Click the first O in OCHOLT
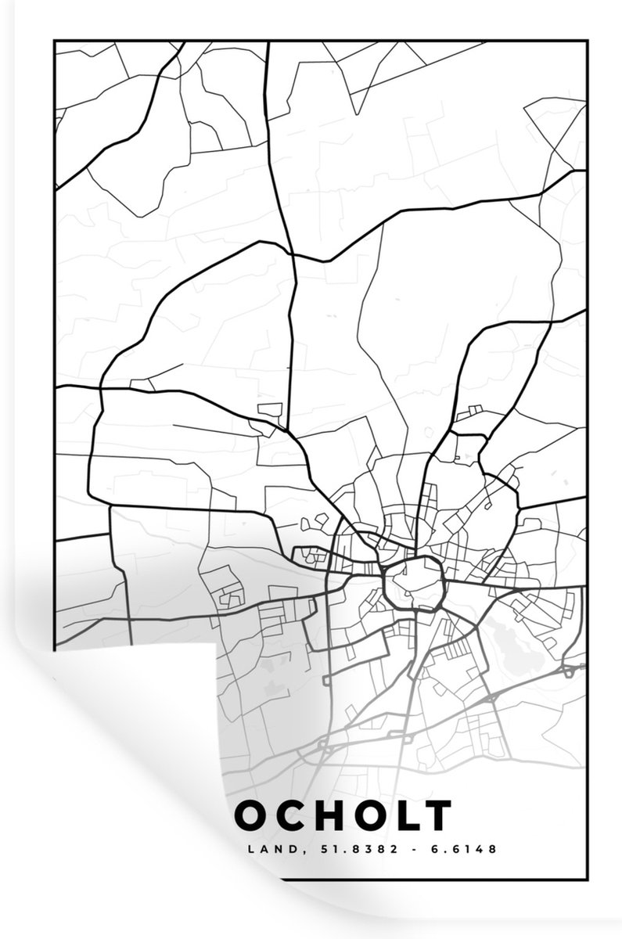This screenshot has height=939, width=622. (x=253, y=815)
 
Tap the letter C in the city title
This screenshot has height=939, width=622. (x=290, y=815)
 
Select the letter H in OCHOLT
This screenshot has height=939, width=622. (x=326, y=815)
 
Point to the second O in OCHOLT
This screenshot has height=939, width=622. (x=365, y=815)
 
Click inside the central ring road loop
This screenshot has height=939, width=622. (x=413, y=583)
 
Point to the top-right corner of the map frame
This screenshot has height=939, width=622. (x=587, y=41)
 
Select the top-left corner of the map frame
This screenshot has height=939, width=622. (x=54, y=41)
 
